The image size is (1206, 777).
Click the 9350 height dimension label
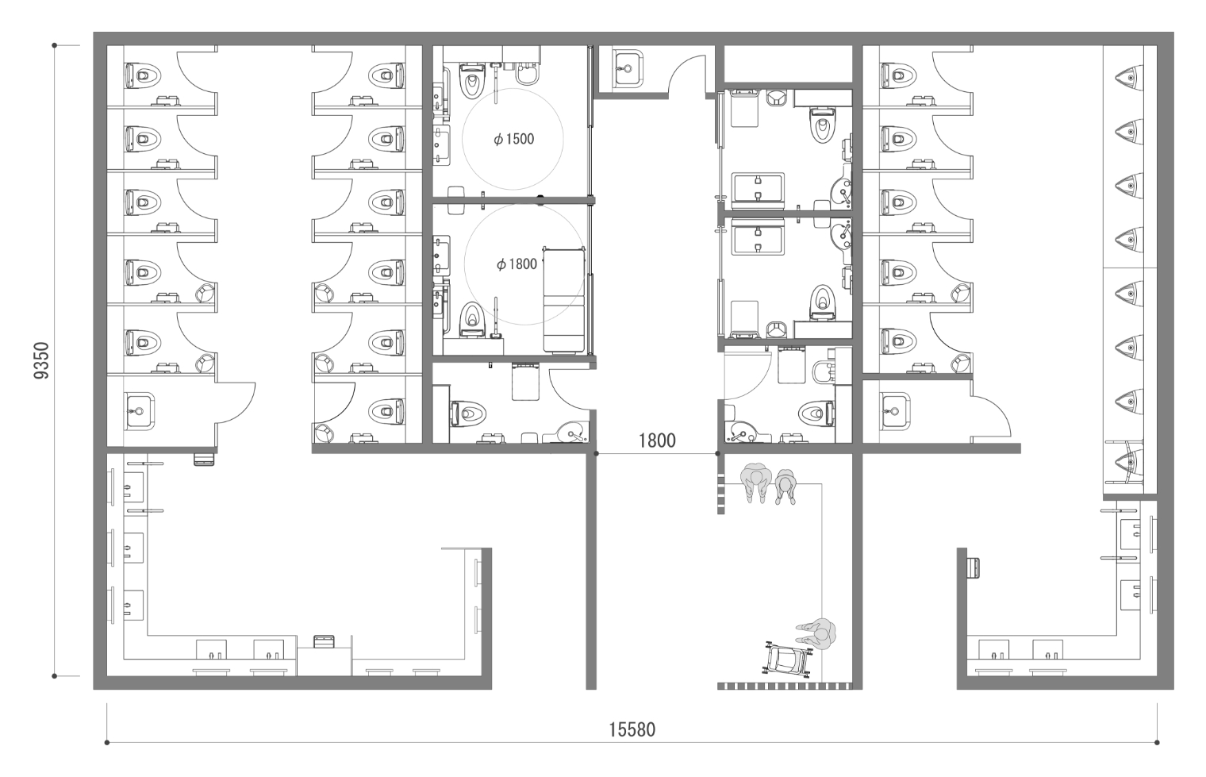(x=41, y=360)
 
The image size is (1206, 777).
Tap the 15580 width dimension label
(x=632, y=729)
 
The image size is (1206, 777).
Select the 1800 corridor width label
(x=657, y=440)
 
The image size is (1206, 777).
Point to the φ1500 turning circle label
(x=513, y=139)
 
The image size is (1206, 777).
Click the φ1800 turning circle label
(x=517, y=263)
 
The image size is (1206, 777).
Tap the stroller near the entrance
(x=787, y=658)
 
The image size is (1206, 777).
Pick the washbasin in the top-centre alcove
(x=628, y=68)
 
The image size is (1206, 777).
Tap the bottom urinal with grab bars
(x=1129, y=461)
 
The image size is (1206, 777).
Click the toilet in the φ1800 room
(x=471, y=319)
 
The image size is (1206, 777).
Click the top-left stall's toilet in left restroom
(x=143, y=76)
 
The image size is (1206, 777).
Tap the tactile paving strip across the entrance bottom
(x=785, y=686)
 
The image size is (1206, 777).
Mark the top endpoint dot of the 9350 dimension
(x=55, y=45)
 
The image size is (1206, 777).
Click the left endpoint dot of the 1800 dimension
(x=596, y=453)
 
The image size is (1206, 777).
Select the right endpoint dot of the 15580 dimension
(x=1157, y=743)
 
